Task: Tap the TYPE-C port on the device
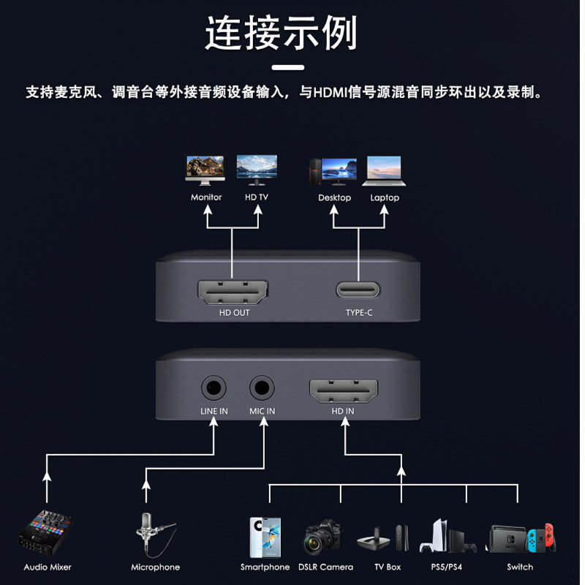(358, 290)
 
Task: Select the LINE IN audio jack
(214, 386)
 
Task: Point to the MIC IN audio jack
(262, 386)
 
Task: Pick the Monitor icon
(205, 170)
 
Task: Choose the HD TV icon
(257, 169)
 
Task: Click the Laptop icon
(385, 170)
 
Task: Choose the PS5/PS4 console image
(447, 536)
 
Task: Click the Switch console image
(521, 538)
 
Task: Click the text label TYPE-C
(359, 313)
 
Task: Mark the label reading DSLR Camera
(325, 567)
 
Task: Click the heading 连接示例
(282, 33)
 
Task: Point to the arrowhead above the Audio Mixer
(47, 476)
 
